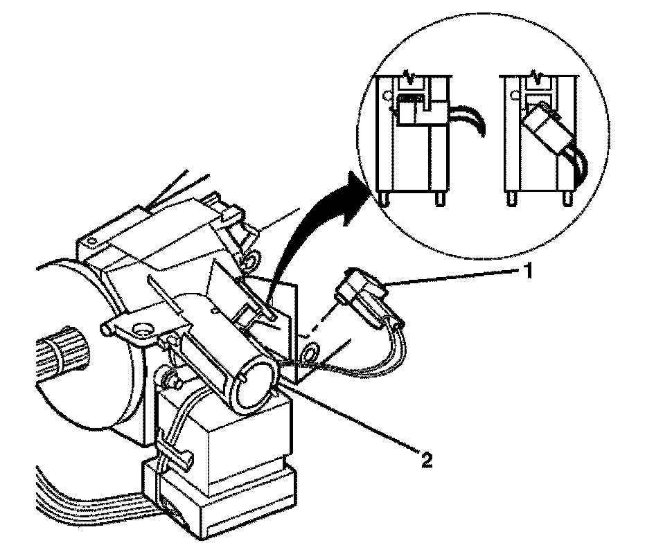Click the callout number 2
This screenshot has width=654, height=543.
(428, 460)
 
